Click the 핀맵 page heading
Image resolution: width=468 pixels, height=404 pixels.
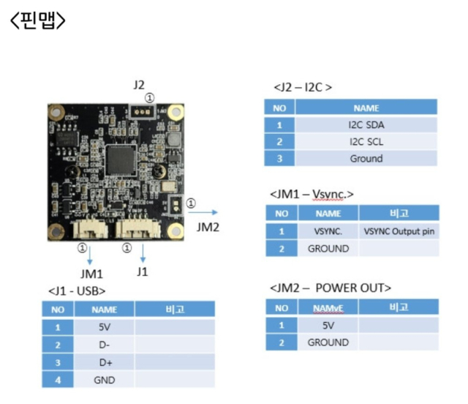pos(38,20)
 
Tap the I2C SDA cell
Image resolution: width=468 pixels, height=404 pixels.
pos(366,124)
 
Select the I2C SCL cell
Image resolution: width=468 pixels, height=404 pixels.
pos(366,141)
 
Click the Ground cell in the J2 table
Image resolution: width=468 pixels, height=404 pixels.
pos(366,158)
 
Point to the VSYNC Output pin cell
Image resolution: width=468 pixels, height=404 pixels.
pos(399,231)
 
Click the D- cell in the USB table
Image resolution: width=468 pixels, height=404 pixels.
pos(102,344)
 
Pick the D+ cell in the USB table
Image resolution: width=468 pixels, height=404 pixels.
pos(102,362)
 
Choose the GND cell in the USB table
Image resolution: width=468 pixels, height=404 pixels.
pos(102,379)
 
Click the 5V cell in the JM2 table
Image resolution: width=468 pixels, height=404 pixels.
pos(328,325)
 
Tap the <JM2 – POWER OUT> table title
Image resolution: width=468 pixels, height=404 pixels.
pos(330,287)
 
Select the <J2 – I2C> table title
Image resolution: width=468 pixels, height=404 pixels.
pos(302,87)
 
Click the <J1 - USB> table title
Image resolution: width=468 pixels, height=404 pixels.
pos(82,291)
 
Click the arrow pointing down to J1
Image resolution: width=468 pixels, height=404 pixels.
pos(143,255)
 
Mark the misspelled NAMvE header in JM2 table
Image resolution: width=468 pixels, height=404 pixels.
pos(328,307)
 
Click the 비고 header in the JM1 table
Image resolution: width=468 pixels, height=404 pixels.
pos(399,214)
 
